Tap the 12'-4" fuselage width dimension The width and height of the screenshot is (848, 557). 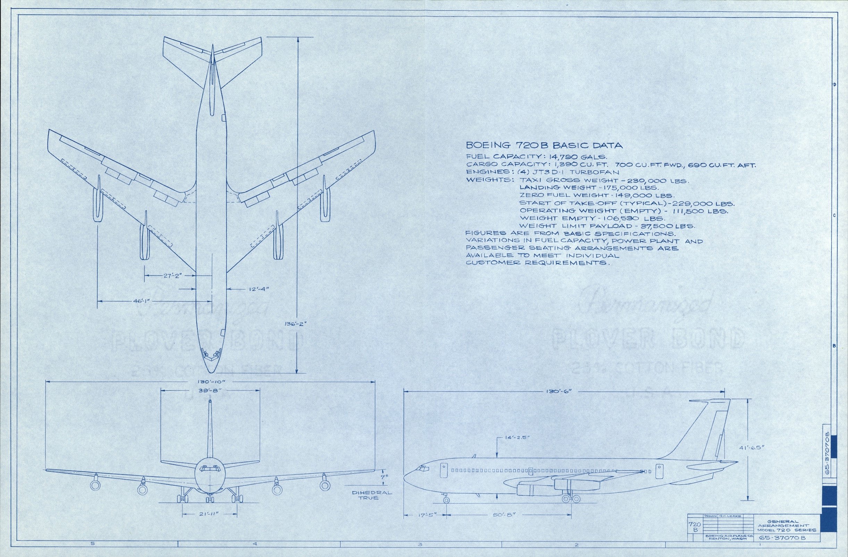click(x=259, y=289)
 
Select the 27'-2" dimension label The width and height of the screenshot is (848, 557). click(x=173, y=275)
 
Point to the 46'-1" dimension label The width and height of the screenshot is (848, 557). click(x=142, y=301)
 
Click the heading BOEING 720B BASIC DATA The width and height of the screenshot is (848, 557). click(x=544, y=146)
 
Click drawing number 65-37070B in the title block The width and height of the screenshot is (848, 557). click(x=782, y=538)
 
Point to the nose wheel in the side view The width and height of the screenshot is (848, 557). click(x=446, y=500)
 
